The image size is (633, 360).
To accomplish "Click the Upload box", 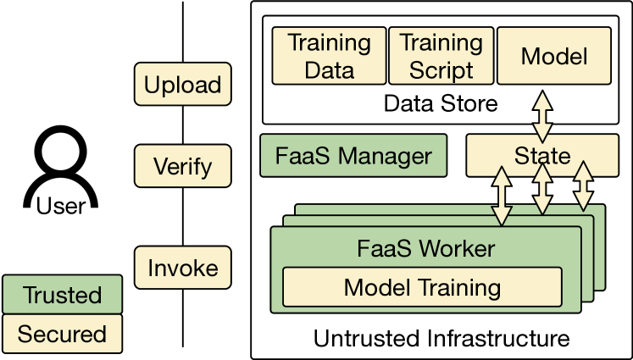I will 182,85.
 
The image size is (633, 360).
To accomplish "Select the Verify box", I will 182,166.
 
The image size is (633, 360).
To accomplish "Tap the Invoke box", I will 182,269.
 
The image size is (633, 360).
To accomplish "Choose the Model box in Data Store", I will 554,56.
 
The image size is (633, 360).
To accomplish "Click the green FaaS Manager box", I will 354,156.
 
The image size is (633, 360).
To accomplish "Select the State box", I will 542,156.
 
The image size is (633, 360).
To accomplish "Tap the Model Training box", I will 422,286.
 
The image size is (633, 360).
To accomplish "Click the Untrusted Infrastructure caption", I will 441,339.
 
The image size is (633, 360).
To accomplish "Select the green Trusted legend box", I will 62,295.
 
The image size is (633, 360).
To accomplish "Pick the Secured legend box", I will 62,333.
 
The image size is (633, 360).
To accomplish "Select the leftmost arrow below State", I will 502,196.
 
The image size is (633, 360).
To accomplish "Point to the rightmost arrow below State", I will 584,187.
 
